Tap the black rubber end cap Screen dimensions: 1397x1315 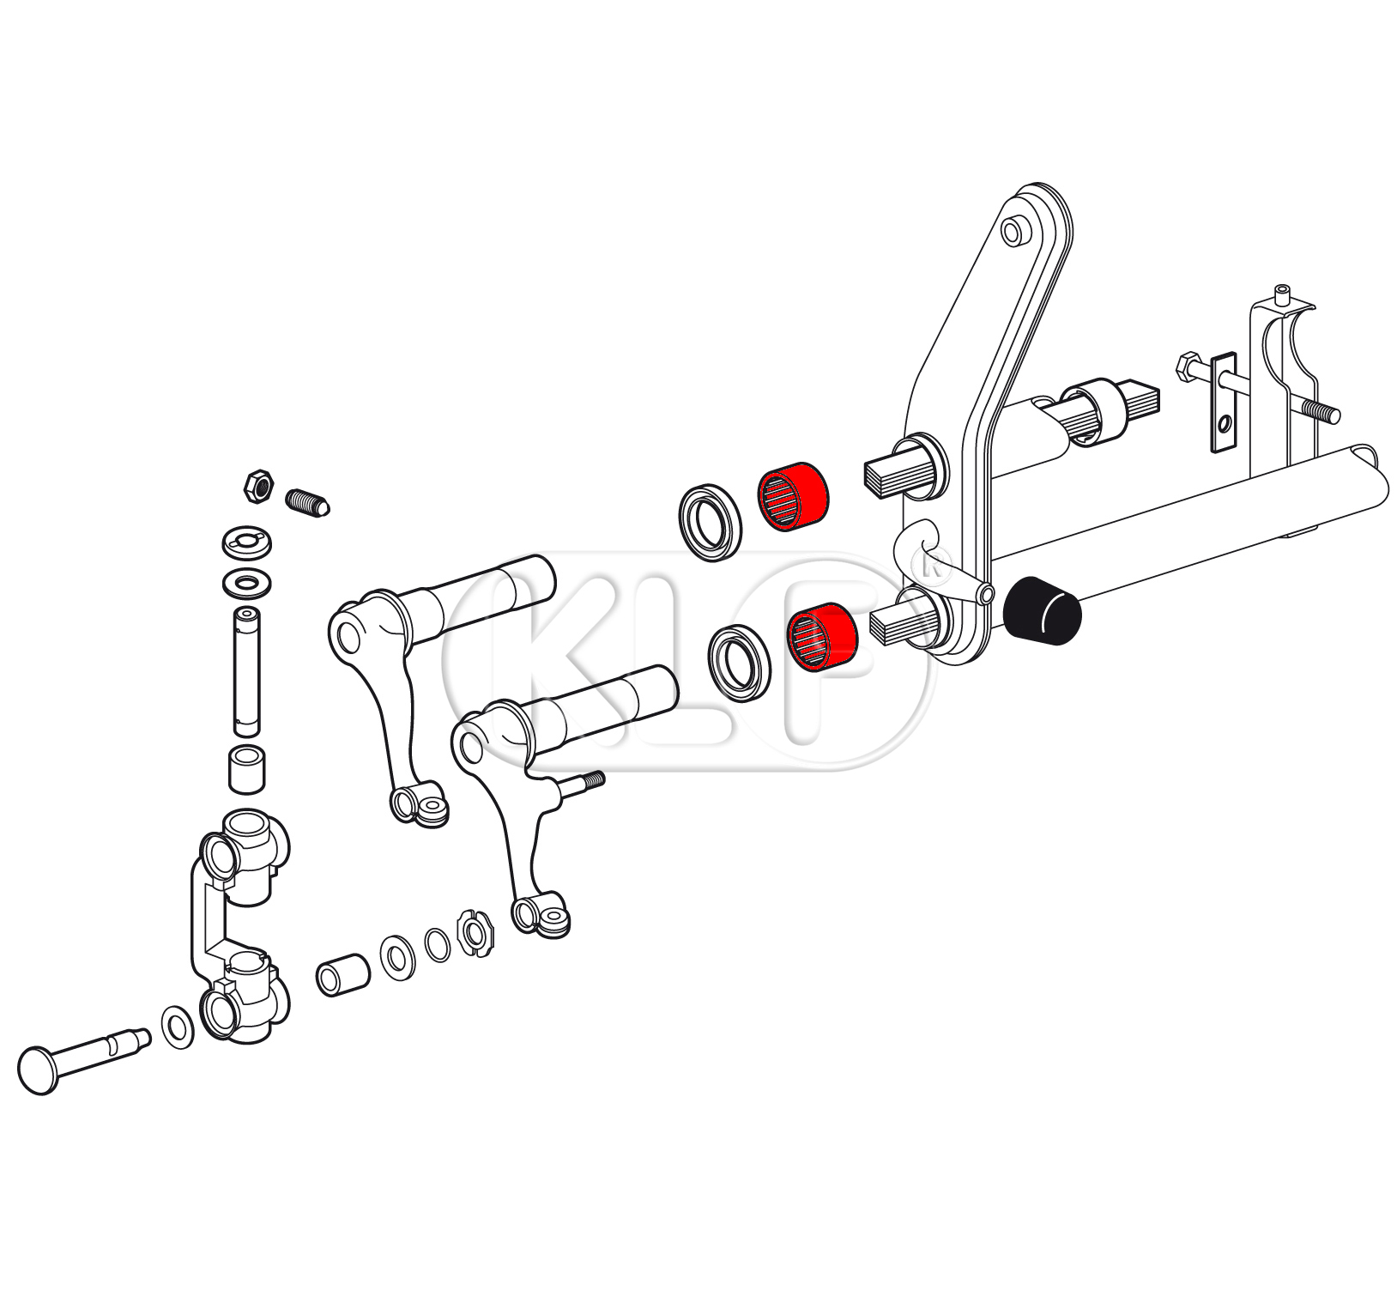(x=1042, y=610)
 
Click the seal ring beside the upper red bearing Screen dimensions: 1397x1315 (x=708, y=524)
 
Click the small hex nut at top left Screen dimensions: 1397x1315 (x=258, y=486)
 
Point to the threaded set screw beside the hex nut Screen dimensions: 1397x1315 (x=308, y=502)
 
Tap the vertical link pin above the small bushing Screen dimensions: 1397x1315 (x=247, y=671)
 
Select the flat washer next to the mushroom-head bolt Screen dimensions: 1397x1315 (x=178, y=1027)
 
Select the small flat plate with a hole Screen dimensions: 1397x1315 (x=1224, y=401)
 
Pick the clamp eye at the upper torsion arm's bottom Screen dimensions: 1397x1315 (x=419, y=805)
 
